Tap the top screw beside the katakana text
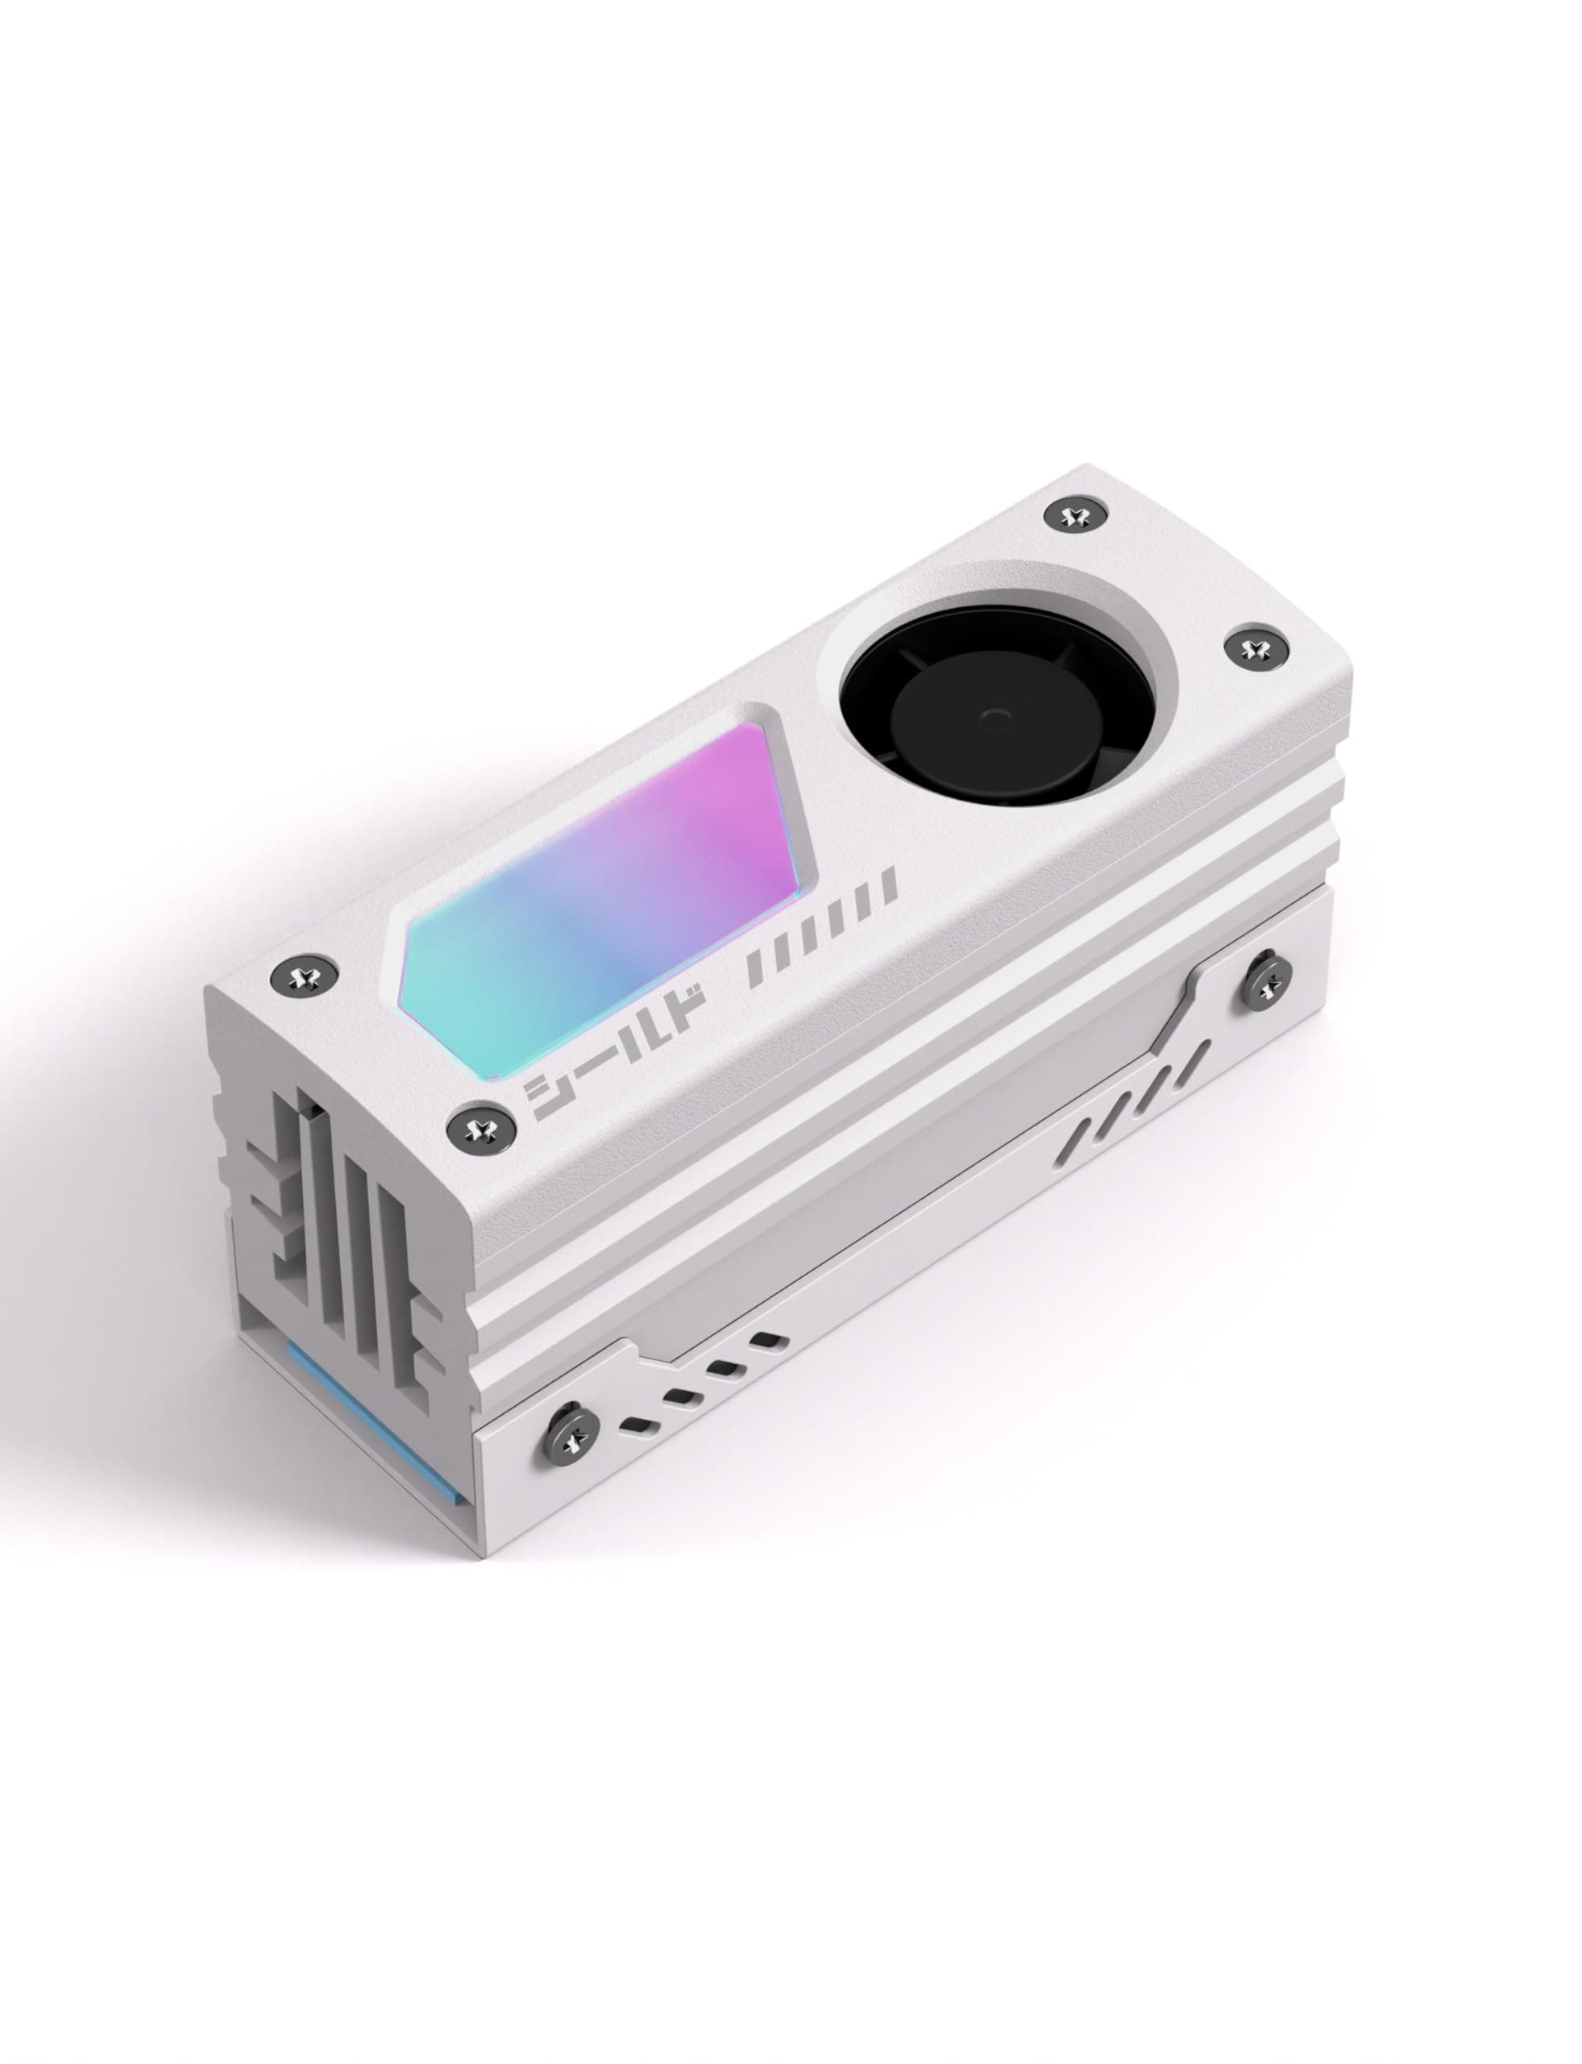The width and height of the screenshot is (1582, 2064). click(x=481, y=1126)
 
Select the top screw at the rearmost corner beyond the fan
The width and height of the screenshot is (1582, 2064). click(x=1073, y=516)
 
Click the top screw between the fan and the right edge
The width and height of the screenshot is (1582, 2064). click(x=1252, y=648)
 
